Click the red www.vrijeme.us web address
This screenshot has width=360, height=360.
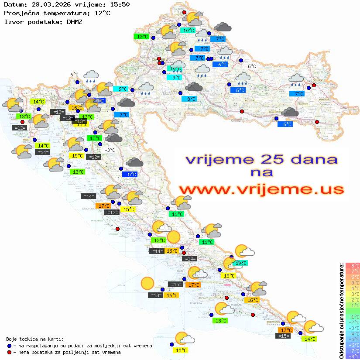click(x=261, y=189)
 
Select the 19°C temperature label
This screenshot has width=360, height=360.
click(x=240, y=263)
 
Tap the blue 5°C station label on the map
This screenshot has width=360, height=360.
click(x=131, y=175)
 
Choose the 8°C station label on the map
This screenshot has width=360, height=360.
click(x=191, y=99)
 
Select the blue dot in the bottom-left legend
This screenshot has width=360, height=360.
click(x=9, y=346)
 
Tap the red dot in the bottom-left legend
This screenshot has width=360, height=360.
click(x=9, y=352)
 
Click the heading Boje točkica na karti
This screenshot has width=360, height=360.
click(x=35, y=339)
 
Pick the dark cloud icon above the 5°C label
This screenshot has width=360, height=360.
click(x=134, y=163)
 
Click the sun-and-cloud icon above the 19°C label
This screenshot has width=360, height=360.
click(x=244, y=251)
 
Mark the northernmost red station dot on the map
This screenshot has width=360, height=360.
click(x=184, y=13)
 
